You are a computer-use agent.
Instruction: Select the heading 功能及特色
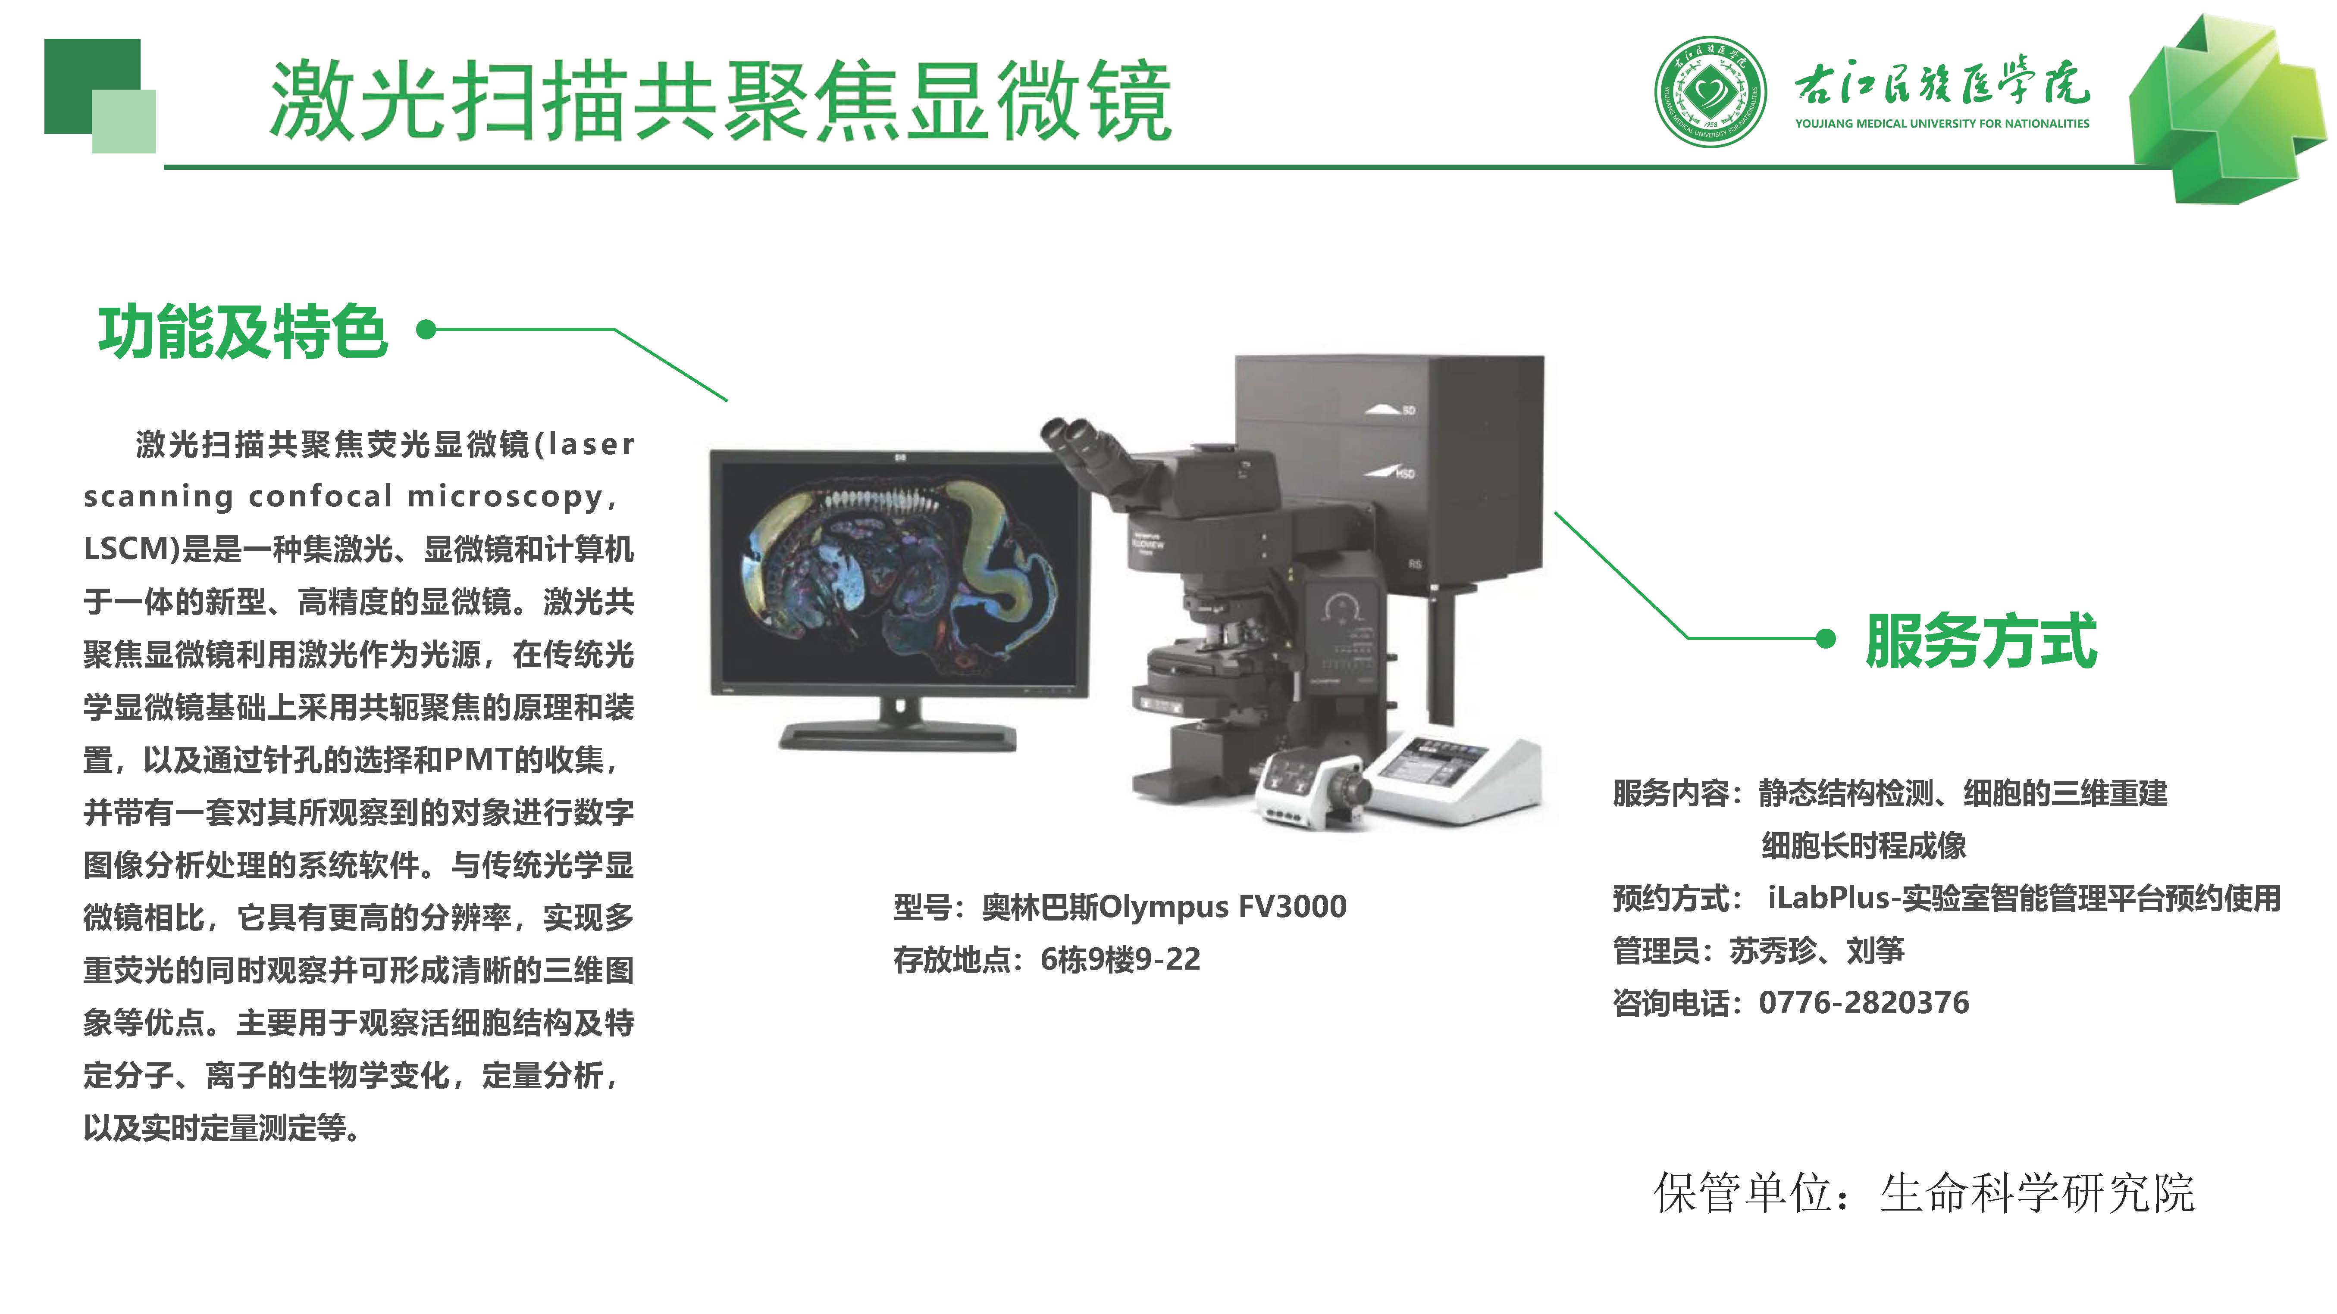tap(243, 332)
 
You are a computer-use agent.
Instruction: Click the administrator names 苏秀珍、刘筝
tap(1817, 950)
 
